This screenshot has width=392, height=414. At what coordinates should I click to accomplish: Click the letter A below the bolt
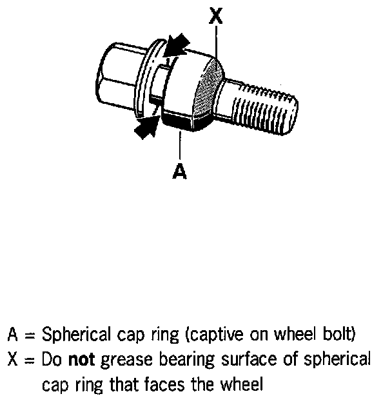pos(180,171)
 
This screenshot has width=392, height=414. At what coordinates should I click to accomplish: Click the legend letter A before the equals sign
pos(14,335)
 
